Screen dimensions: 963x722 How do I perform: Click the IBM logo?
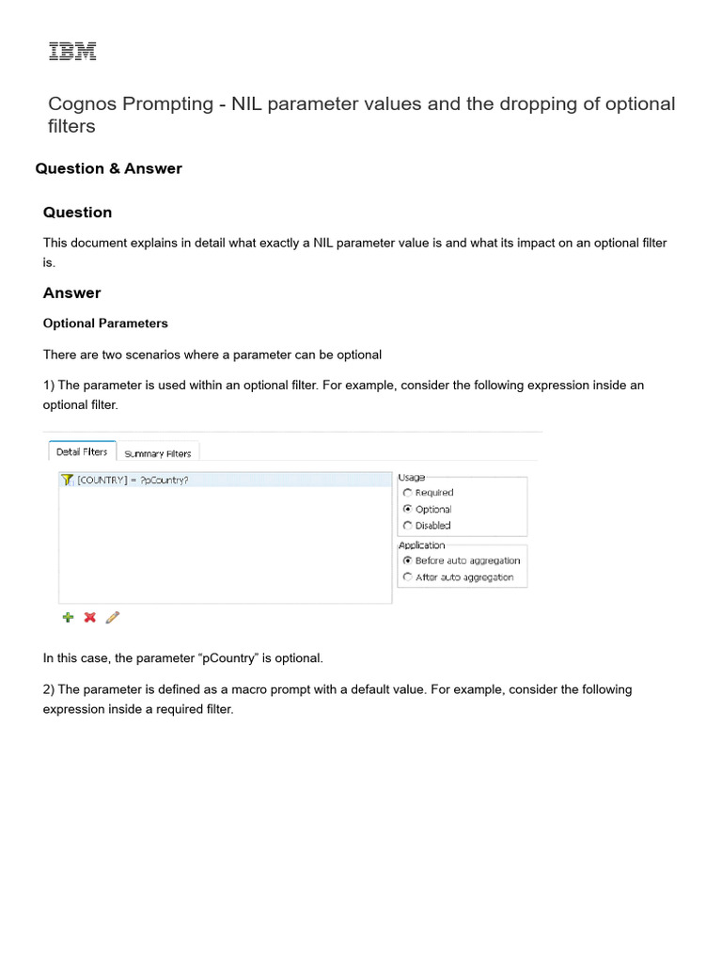tap(72, 52)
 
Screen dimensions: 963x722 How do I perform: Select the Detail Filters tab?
tap(82, 452)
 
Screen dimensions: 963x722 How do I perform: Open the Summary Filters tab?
tap(158, 453)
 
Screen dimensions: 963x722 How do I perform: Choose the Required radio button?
tap(407, 493)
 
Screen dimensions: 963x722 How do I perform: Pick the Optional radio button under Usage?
tap(407, 509)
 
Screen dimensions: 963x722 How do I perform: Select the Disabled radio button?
tap(407, 526)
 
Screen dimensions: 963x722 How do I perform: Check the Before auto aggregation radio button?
tap(407, 560)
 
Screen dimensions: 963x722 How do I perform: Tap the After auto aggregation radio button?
tap(407, 576)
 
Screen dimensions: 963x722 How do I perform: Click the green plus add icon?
tap(68, 617)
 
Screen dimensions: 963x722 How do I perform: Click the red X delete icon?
tap(90, 617)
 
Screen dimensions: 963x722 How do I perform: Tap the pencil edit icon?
tap(113, 617)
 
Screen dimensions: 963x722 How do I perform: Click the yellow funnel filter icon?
tap(67, 480)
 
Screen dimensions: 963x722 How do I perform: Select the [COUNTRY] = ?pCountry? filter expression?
tap(133, 480)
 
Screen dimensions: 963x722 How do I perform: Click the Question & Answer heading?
tap(108, 168)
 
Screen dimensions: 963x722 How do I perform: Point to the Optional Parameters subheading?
tap(105, 323)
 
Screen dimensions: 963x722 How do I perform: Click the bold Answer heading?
tap(71, 292)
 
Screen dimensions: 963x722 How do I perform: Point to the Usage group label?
tap(412, 478)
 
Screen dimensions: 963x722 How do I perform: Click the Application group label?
tap(422, 545)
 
